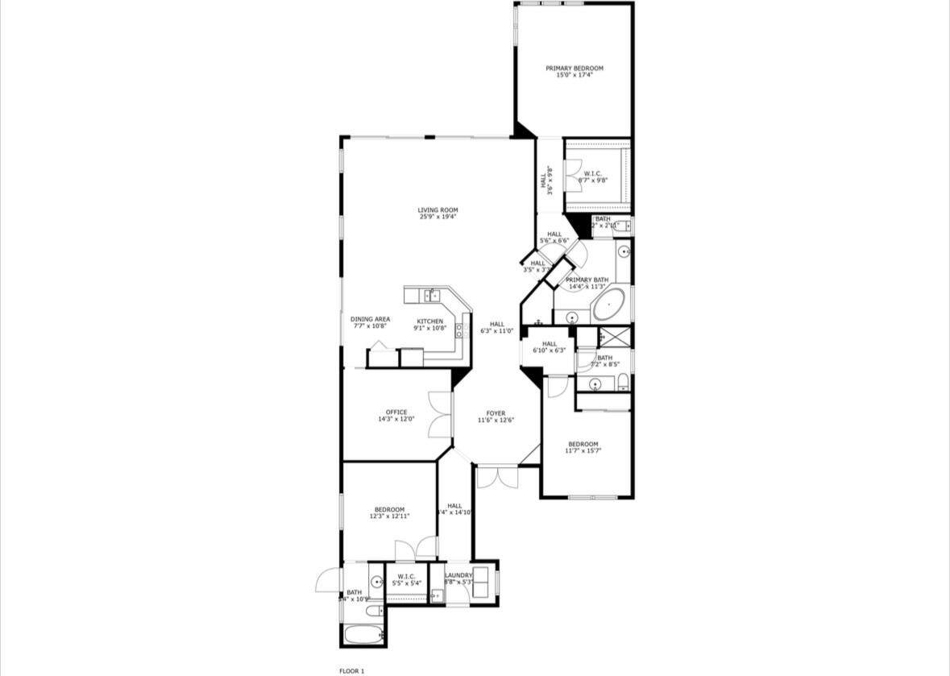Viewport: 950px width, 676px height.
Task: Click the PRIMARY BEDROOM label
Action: tap(574, 68)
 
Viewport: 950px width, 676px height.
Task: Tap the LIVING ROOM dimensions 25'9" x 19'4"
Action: tap(438, 217)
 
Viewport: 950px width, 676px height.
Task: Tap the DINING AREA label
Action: tap(370, 319)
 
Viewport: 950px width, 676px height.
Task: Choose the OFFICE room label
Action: tap(396, 413)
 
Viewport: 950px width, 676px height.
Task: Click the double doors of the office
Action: tap(439, 414)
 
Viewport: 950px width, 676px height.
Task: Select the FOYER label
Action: tap(496, 413)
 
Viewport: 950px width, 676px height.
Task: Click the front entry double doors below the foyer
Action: tap(496, 477)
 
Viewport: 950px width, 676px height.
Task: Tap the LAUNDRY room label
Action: tap(458, 575)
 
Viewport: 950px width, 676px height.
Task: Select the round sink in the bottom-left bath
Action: tap(376, 582)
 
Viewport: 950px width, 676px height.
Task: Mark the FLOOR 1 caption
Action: tap(352, 670)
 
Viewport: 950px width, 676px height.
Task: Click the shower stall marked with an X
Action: tap(615, 337)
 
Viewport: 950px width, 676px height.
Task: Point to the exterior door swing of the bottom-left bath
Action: tap(327, 580)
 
